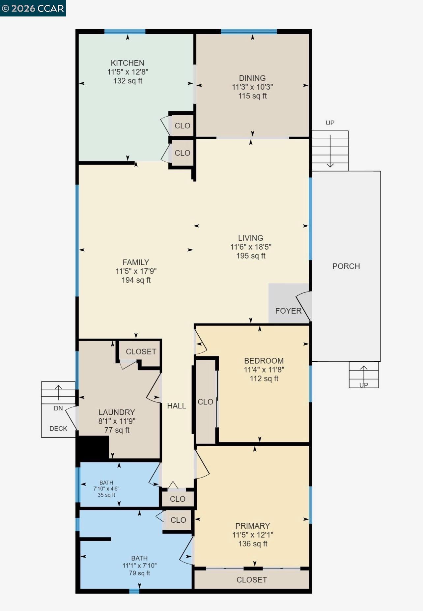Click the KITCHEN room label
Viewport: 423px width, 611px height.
pyautogui.click(x=127, y=63)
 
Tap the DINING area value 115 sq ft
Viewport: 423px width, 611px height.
pyautogui.click(x=252, y=96)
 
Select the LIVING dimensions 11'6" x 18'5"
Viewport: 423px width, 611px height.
pyautogui.click(x=251, y=247)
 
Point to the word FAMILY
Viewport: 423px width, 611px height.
pyautogui.click(x=136, y=262)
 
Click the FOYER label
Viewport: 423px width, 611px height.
pyautogui.click(x=288, y=311)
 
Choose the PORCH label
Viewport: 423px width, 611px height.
pyautogui.click(x=346, y=266)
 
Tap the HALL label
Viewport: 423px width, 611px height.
pyautogui.click(x=177, y=406)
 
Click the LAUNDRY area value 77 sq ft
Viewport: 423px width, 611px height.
pyautogui.click(x=117, y=430)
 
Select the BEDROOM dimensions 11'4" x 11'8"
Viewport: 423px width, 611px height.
pyautogui.click(x=264, y=370)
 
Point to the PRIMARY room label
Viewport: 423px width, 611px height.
pyautogui.click(x=252, y=526)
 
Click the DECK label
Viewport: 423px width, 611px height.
pyautogui.click(x=58, y=429)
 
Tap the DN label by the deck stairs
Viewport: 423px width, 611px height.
pyautogui.click(x=58, y=408)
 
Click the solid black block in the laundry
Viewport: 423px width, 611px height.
pyautogui.click(x=93, y=447)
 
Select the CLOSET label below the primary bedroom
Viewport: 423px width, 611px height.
pyautogui.click(x=252, y=580)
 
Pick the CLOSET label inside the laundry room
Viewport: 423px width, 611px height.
pyautogui.click(x=141, y=351)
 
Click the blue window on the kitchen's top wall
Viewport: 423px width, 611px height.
pyautogui.click(x=125, y=32)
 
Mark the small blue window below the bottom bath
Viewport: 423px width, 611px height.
pyautogui.click(x=134, y=591)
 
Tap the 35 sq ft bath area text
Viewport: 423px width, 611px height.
pyautogui.click(x=106, y=495)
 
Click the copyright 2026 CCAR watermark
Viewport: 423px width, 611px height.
pyautogui.click(x=33, y=8)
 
